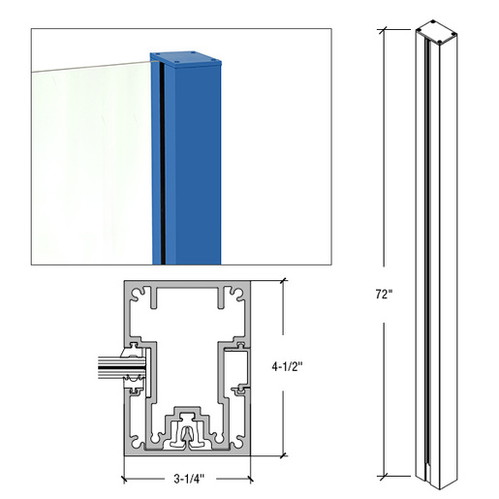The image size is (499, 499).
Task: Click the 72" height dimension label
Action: tap(386, 294)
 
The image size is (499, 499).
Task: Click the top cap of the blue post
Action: tap(190, 59)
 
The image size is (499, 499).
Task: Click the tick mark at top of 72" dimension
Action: tap(385, 28)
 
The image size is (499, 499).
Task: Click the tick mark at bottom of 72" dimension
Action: tap(385, 475)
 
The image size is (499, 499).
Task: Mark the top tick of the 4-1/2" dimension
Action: tap(284, 281)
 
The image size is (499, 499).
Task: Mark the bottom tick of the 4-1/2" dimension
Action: tap(284, 453)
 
